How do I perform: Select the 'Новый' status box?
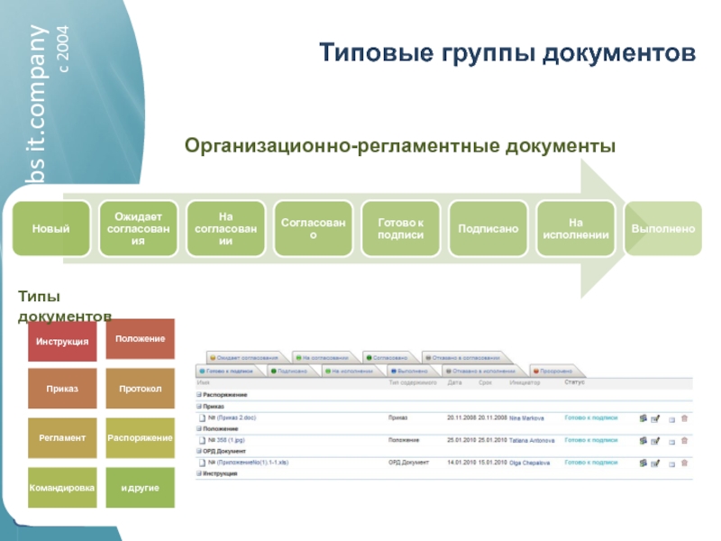(x=51, y=229)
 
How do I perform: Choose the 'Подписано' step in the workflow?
(x=488, y=229)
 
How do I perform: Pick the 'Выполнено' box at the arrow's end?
(x=662, y=229)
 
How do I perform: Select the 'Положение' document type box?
(x=141, y=338)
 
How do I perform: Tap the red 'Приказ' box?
(x=62, y=389)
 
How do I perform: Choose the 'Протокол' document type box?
(x=141, y=389)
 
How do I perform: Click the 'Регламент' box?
(x=62, y=437)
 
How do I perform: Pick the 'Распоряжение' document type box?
(x=141, y=437)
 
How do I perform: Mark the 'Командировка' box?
(x=62, y=488)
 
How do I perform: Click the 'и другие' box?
(x=141, y=488)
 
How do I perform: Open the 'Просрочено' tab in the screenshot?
(x=558, y=371)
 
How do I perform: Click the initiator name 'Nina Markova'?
(x=527, y=418)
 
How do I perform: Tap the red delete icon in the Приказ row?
(x=684, y=418)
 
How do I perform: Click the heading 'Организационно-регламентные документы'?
(x=400, y=145)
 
